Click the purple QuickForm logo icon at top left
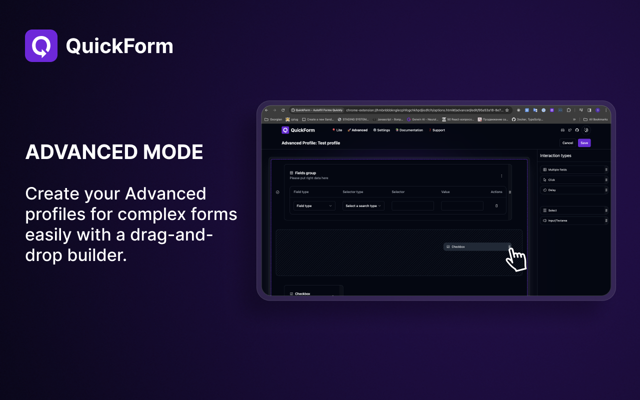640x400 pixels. [x=41, y=46]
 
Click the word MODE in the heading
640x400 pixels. [x=171, y=152]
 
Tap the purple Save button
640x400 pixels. [x=584, y=143]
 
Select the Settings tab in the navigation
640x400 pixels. [x=381, y=130]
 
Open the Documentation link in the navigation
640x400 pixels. [x=409, y=130]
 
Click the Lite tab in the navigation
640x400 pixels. [x=337, y=130]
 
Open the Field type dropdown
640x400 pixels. [x=314, y=206]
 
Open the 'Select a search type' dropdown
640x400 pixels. [x=363, y=206]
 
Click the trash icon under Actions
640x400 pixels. [x=496, y=206]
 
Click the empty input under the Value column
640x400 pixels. [x=462, y=206]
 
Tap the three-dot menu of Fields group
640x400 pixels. [x=501, y=175]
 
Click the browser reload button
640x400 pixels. [x=283, y=110]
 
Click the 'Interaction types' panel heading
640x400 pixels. [x=555, y=156]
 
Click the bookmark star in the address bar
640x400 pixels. [x=507, y=110]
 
